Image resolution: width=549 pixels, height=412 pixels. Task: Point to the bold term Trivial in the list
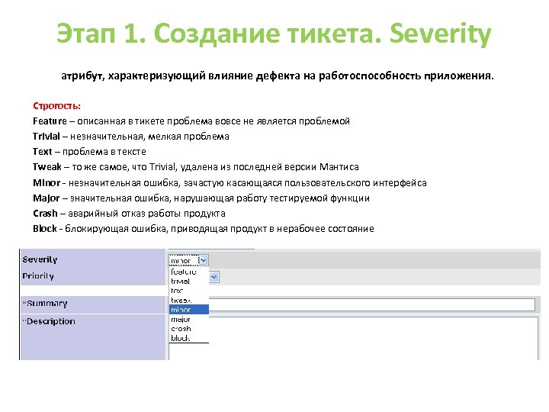click(x=47, y=137)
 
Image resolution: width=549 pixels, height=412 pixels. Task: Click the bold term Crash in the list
click(x=46, y=214)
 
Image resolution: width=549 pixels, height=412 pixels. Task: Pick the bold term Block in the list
click(x=45, y=229)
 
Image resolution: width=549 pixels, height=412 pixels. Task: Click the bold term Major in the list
click(x=47, y=198)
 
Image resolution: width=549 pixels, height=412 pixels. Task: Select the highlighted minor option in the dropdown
click(x=188, y=310)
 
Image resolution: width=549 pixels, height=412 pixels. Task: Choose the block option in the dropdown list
click(x=181, y=338)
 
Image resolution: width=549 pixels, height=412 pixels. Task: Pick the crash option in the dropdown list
click(x=181, y=329)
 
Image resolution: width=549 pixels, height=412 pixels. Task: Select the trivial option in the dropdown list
click(x=181, y=281)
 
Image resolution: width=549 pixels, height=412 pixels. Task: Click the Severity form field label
click(x=40, y=259)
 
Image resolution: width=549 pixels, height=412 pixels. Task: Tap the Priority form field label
click(x=39, y=276)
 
